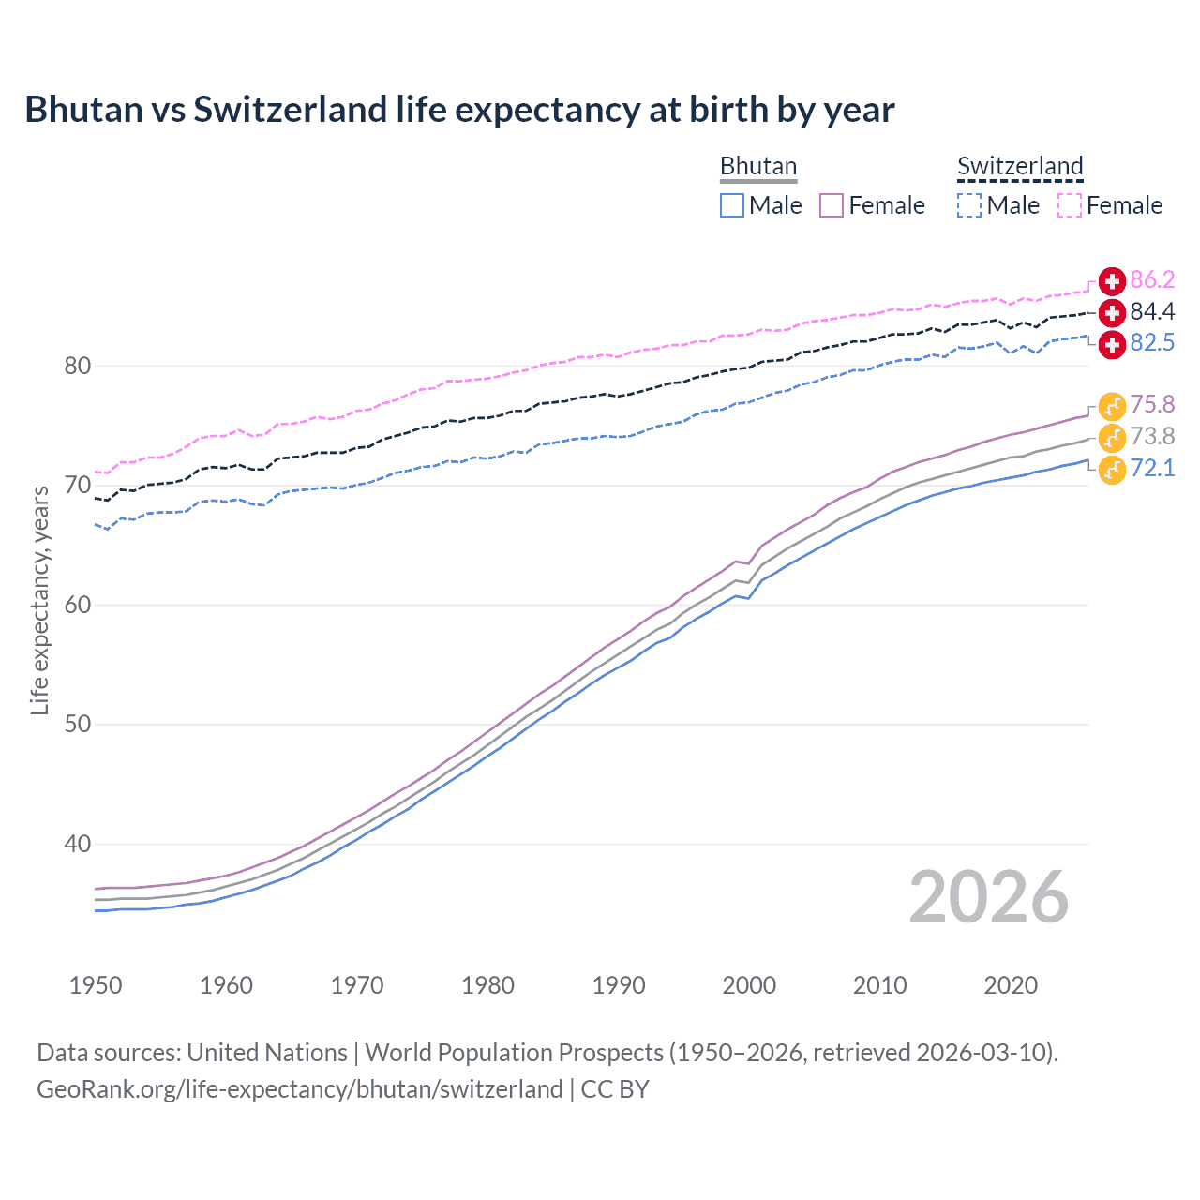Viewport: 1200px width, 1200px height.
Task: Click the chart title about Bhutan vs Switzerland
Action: (459, 110)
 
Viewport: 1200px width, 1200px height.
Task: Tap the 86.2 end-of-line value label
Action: (1152, 279)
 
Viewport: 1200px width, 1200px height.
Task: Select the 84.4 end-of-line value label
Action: (1152, 311)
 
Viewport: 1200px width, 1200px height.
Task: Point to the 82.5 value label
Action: (1152, 343)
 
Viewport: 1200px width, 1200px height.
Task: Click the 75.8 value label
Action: (1152, 404)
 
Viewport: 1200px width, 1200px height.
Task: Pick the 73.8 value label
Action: (1152, 436)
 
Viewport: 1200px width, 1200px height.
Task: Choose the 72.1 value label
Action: (1152, 468)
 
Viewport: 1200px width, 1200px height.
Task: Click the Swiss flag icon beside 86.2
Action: (1112, 280)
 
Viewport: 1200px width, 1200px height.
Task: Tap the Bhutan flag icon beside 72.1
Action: (1112, 469)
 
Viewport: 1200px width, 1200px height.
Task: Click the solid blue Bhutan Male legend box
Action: (732, 205)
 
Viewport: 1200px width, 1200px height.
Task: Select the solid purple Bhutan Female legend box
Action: (832, 205)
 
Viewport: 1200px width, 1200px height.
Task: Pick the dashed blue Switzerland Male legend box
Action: (969, 205)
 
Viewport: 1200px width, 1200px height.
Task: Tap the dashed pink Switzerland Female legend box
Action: (1070, 205)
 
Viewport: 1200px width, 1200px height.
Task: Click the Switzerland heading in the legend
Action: (1020, 166)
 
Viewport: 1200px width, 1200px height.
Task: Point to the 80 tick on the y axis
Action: (78, 367)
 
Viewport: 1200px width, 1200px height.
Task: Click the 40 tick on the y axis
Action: (78, 845)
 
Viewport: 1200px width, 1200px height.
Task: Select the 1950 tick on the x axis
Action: (96, 985)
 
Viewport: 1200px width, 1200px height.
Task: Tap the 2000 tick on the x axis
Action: (749, 985)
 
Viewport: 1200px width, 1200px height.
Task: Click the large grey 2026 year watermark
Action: (989, 897)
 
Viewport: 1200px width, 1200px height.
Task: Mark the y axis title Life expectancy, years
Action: (39, 601)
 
